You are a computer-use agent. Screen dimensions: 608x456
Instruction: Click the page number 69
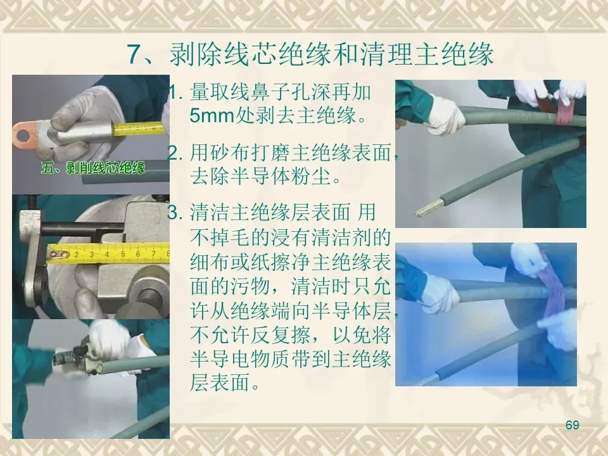pyautogui.click(x=572, y=424)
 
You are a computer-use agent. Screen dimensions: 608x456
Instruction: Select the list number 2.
pyautogui.click(x=175, y=153)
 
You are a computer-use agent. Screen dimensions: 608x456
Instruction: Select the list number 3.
pyautogui.click(x=175, y=213)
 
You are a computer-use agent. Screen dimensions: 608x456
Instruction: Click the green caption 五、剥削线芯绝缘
pyautogui.click(x=93, y=168)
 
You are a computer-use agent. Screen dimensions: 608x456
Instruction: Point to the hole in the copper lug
pyautogui.click(x=22, y=136)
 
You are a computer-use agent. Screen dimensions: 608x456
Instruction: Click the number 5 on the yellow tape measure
pyautogui.click(x=123, y=254)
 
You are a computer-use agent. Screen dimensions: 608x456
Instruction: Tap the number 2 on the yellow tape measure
pyautogui.click(x=77, y=255)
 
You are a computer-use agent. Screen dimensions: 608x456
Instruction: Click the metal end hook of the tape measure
pyautogui.click(x=58, y=255)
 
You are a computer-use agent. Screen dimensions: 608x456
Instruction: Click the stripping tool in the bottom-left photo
pyautogui.click(x=77, y=357)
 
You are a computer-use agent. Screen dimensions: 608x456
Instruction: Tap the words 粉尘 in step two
pyautogui.click(x=312, y=177)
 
